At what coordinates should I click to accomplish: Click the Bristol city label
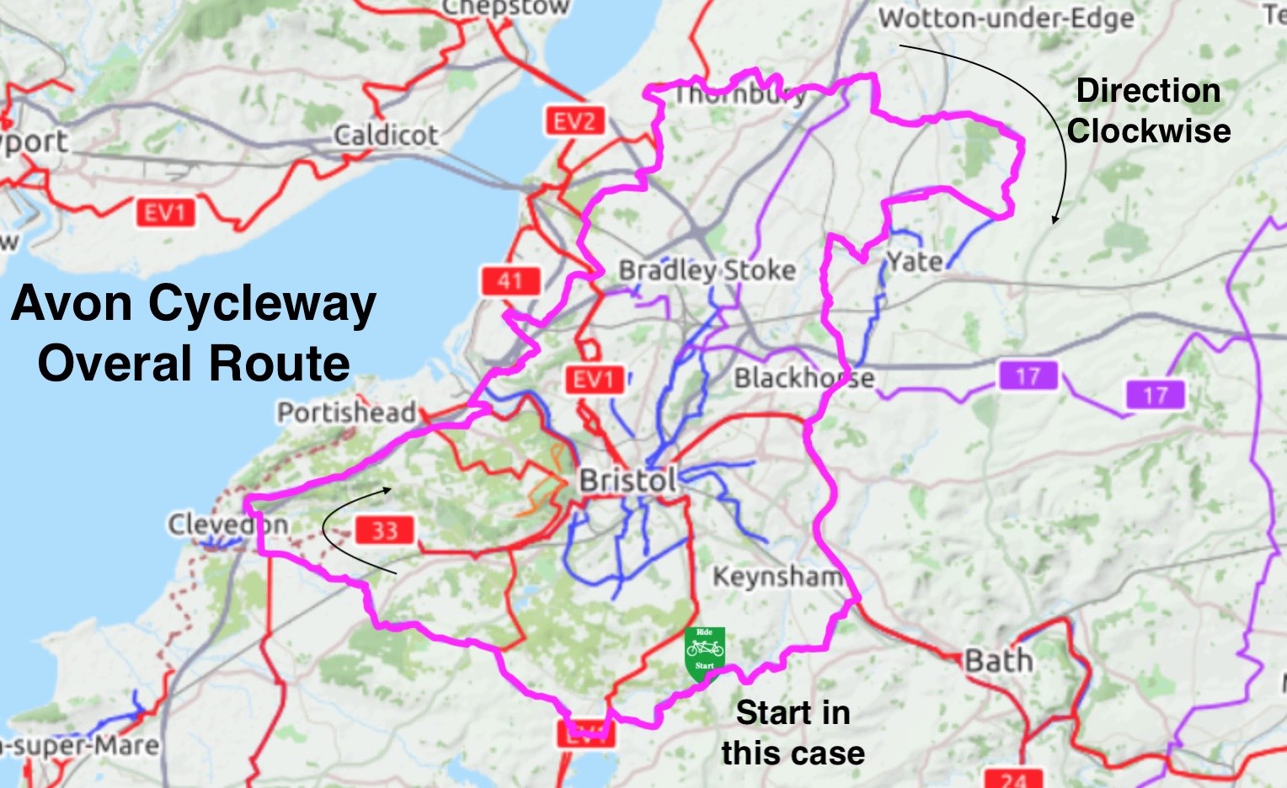(x=628, y=481)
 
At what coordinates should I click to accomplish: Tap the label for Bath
(x=999, y=660)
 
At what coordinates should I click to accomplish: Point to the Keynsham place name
(x=777, y=577)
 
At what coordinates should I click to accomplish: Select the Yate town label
(x=915, y=262)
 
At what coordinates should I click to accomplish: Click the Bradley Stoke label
(x=708, y=270)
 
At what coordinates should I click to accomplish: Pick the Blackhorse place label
(x=804, y=378)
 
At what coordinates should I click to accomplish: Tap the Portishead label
(x=347, y=413)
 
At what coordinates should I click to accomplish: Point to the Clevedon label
(x=228, y=524)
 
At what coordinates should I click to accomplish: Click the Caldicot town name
(x=386, y=135)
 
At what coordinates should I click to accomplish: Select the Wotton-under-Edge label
(x=1007, y=18)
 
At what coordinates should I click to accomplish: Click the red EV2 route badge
(x=574, y=122)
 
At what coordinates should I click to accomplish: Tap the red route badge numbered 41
(x=510, y=280)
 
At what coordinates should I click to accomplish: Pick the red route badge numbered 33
(x=384, y=530)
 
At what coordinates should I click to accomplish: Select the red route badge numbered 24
(x=1014, y=779)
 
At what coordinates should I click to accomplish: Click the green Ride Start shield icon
(x=704, y=652)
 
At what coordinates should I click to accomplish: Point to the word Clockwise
(x=1149, y=131)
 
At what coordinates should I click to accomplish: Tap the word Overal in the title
(x=115, y=364)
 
